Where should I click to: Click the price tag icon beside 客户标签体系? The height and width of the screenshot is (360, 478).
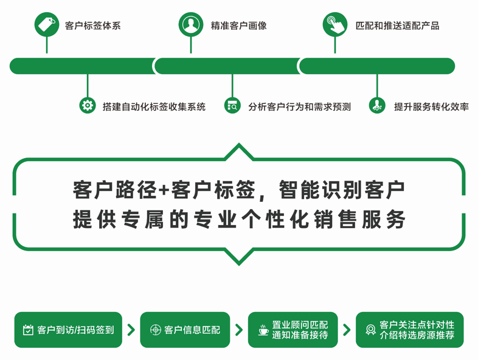coord(47,24)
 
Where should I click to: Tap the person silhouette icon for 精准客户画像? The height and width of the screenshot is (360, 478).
coord(191,24)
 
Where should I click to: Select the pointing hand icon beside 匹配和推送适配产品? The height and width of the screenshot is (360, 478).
coord(335,24)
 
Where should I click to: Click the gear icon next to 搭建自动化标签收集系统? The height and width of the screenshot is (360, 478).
coord(88,105)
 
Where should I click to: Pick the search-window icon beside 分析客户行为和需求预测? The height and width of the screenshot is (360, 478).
coord(232,105)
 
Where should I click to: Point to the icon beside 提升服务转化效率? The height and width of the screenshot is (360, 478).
coord(377,105)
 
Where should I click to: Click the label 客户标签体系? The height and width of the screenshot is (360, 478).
coord(93,26)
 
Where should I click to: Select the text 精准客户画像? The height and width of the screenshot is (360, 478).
coord(238,26)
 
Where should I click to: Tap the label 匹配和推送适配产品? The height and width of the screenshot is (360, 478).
coord(398,26)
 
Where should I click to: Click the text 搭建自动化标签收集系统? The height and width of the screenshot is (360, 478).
coord(154,106)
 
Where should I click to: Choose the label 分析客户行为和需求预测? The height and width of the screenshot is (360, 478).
coord(299,106)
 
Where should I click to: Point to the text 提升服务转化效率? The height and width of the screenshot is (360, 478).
coord(431,106)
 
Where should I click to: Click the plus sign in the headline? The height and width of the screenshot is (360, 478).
coord(164,190)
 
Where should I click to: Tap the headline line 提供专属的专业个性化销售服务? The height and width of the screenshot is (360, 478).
coord(239,219)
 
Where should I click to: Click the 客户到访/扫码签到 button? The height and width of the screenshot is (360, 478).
coord(68,330)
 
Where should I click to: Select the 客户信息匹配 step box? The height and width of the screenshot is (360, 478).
coord(185,330)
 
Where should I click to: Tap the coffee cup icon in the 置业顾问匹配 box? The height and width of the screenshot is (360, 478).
coord(263,330)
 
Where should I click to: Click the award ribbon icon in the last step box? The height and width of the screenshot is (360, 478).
coord(371,330)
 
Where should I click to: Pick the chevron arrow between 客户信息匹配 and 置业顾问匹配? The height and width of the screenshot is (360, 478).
coord(239,330)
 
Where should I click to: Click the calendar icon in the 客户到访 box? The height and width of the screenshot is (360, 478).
coord(28,330)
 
